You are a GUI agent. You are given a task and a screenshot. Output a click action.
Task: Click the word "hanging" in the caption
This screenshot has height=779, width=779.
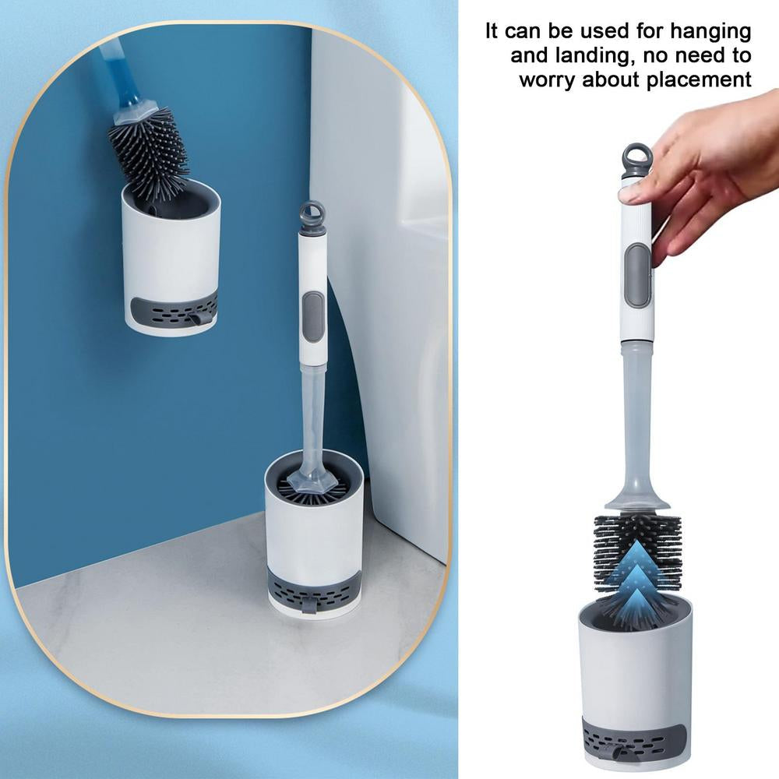click(x=707, y=33)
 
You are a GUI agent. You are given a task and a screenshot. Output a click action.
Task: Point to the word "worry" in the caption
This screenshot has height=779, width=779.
click(x=547, y=80)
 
